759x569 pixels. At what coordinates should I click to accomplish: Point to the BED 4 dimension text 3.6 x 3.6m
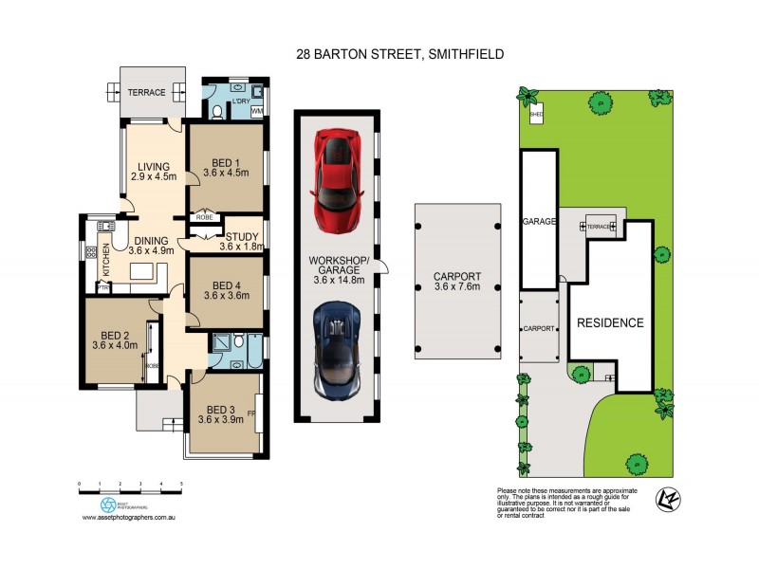click(225, 297)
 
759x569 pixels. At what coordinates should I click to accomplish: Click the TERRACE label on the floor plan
click(147, 93)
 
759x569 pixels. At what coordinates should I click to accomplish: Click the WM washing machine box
click(257, 111)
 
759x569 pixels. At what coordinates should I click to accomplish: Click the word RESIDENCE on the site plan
click(610, 322)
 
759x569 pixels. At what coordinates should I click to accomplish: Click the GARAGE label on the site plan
click(538, 220)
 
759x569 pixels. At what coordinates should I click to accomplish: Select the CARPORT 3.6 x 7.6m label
click(457, 282)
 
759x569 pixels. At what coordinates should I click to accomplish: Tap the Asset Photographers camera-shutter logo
click(108, 505)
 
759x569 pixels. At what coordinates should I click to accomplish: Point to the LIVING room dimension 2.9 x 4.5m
click(154, 176)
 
